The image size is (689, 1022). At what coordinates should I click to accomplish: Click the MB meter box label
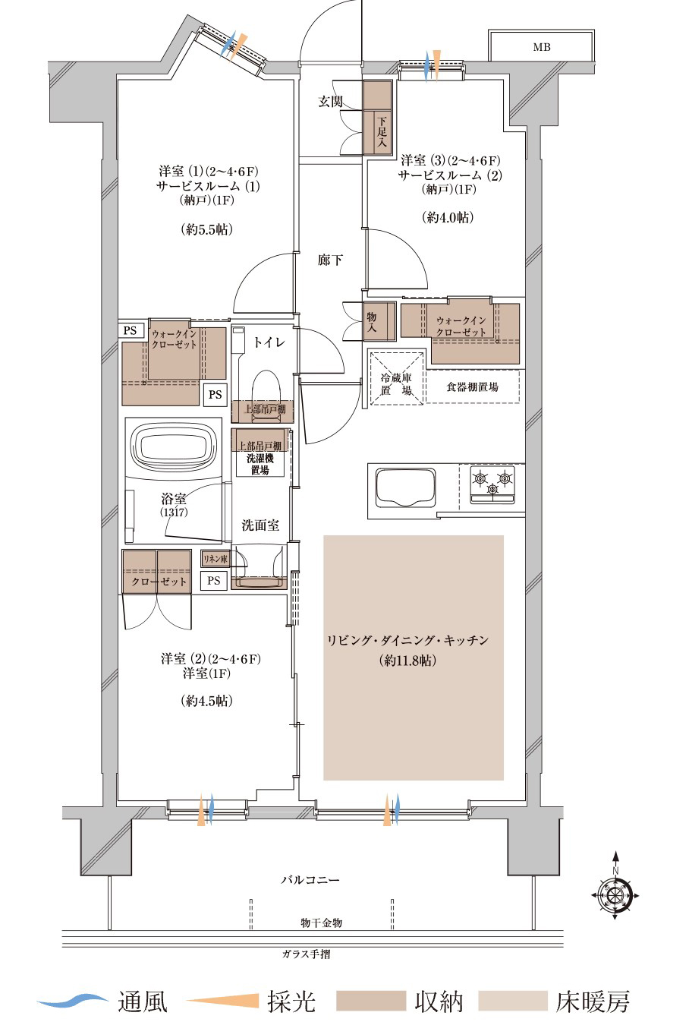tap(541, 47)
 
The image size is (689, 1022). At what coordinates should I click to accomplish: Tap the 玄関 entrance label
tap(330, 101)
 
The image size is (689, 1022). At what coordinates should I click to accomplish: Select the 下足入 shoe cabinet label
tap(382, 132)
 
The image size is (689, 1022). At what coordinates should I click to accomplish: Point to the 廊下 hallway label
tap(330, 260)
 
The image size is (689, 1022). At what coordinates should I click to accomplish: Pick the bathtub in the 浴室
tap(173, 444)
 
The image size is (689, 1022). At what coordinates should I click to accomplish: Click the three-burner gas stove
tap(492, 484)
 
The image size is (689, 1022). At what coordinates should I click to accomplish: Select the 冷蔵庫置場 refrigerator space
tap(396, 378)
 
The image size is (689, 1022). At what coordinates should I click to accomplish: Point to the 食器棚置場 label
tap(472, 387)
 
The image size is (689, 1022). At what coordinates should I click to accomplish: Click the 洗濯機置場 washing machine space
tap(260, 464)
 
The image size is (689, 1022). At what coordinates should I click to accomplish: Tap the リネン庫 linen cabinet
tap(216, 559)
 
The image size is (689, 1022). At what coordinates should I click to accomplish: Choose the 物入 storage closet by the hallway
tap(379, 322)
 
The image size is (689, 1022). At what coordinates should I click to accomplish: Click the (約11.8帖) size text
tap(407, 660)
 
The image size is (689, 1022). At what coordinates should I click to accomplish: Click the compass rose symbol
tap(615, 896)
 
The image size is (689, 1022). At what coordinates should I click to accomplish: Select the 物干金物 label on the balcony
tap(321, 923)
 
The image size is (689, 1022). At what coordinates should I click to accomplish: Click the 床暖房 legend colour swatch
tap(512, 1001)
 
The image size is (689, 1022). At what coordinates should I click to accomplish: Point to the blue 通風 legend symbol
tap(73, 1001)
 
